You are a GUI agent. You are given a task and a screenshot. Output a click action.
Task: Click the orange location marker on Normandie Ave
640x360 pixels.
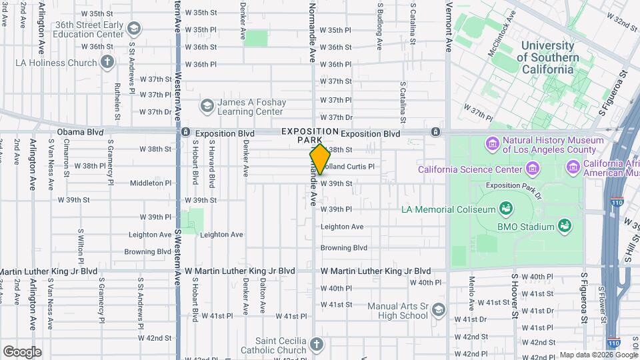click(320, 159)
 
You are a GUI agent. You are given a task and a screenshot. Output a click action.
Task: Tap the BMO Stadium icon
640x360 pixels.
click(565, 227)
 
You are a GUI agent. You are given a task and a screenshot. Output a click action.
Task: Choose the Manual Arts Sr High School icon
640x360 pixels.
click(438, 310)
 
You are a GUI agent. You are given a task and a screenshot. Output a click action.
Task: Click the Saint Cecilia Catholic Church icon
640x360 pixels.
click(317, 345)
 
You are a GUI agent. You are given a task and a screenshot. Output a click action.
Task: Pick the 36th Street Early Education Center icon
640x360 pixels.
click(134, 29)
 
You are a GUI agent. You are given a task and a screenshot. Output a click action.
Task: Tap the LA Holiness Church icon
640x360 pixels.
click(107, 63)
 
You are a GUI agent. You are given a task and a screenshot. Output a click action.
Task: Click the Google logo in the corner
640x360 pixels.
click(22, 352)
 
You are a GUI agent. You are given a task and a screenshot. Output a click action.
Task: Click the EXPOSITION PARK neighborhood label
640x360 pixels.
click(309, 136)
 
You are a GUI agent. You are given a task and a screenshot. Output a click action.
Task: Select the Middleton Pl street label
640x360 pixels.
click(151, 183)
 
